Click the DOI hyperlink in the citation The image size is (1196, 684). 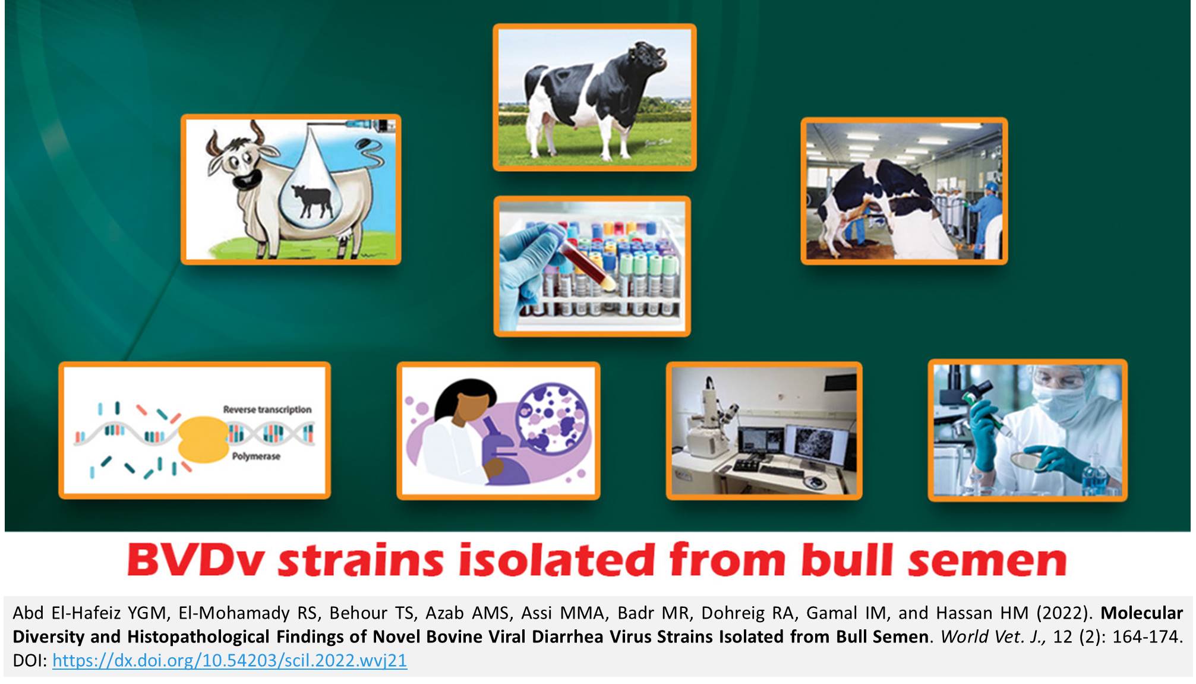coord(229,660)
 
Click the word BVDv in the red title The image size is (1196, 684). coord(194,560)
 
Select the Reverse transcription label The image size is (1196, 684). coord(267,409)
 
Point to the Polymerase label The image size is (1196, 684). coord(256,456)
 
